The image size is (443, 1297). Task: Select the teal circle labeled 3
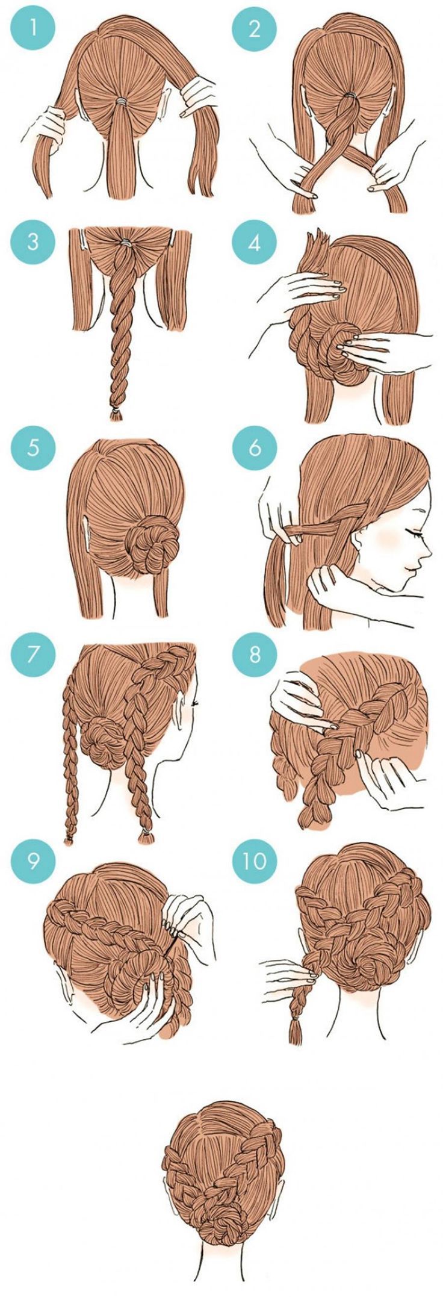point(33,243)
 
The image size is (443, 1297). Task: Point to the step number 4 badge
point(255,243)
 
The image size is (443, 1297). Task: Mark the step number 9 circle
point(33,861)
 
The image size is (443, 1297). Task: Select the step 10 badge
point(255,861)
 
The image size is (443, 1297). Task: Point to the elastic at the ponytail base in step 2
point(352,96)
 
